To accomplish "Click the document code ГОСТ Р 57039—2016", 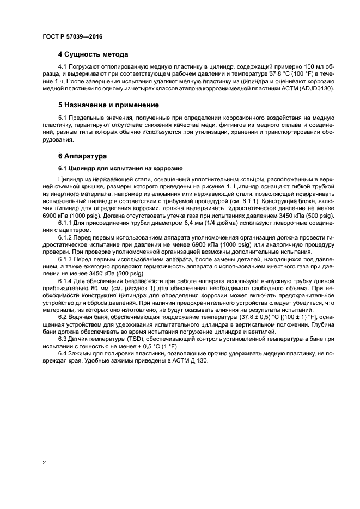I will (72, 36).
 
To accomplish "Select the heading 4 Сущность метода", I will (93, 54).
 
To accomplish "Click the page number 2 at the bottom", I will (44, 462).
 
